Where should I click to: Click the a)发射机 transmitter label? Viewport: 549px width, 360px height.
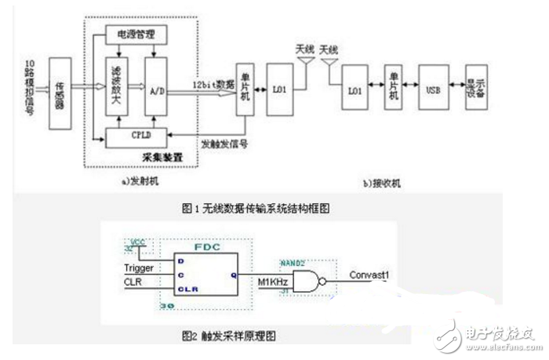click(x=140, y=181)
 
